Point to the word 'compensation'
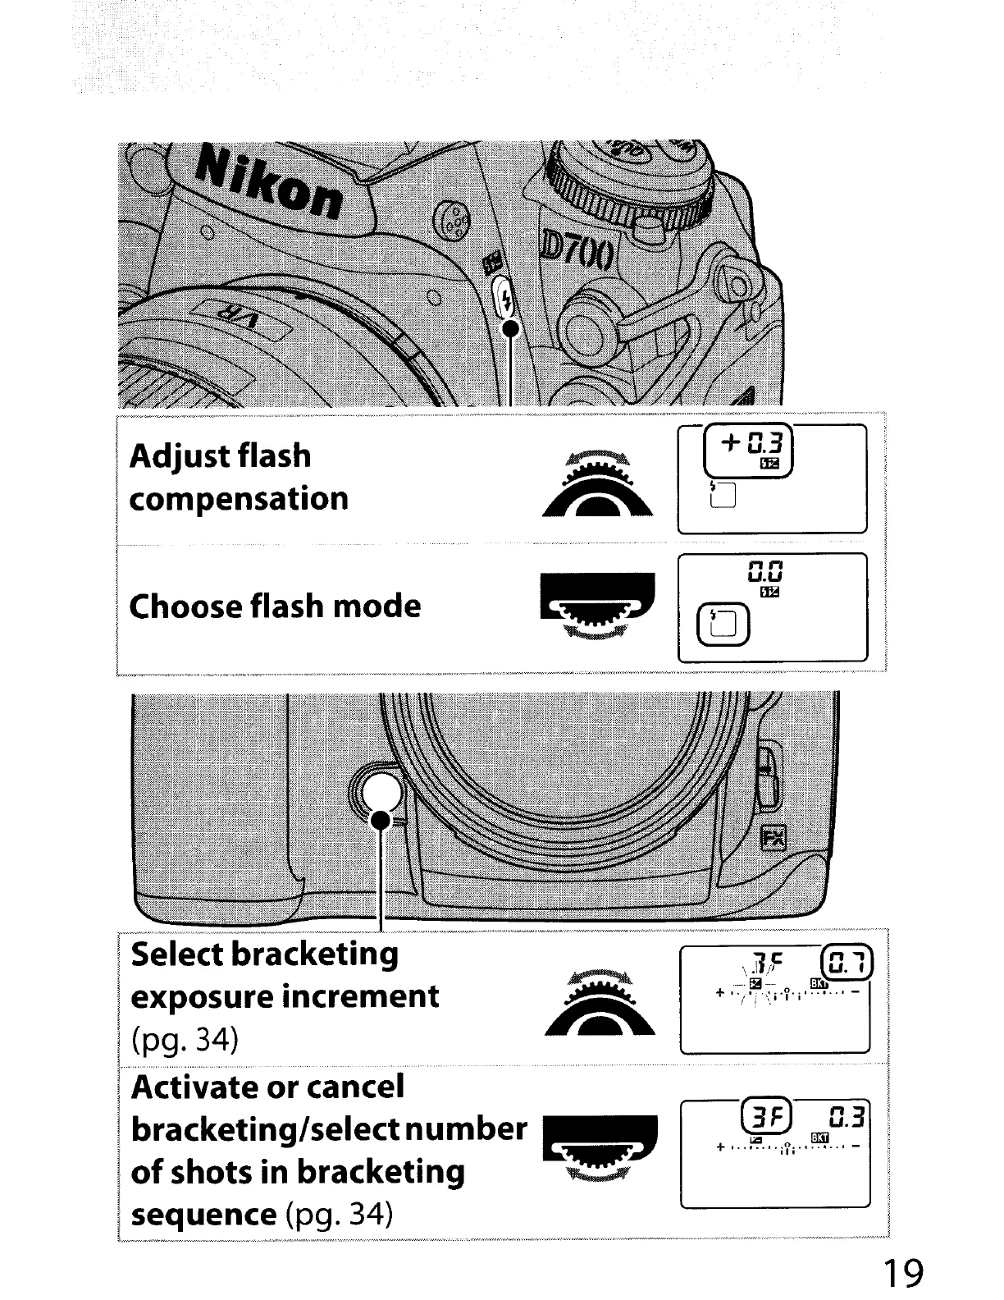pyautogui.click(x=239, y=498)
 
